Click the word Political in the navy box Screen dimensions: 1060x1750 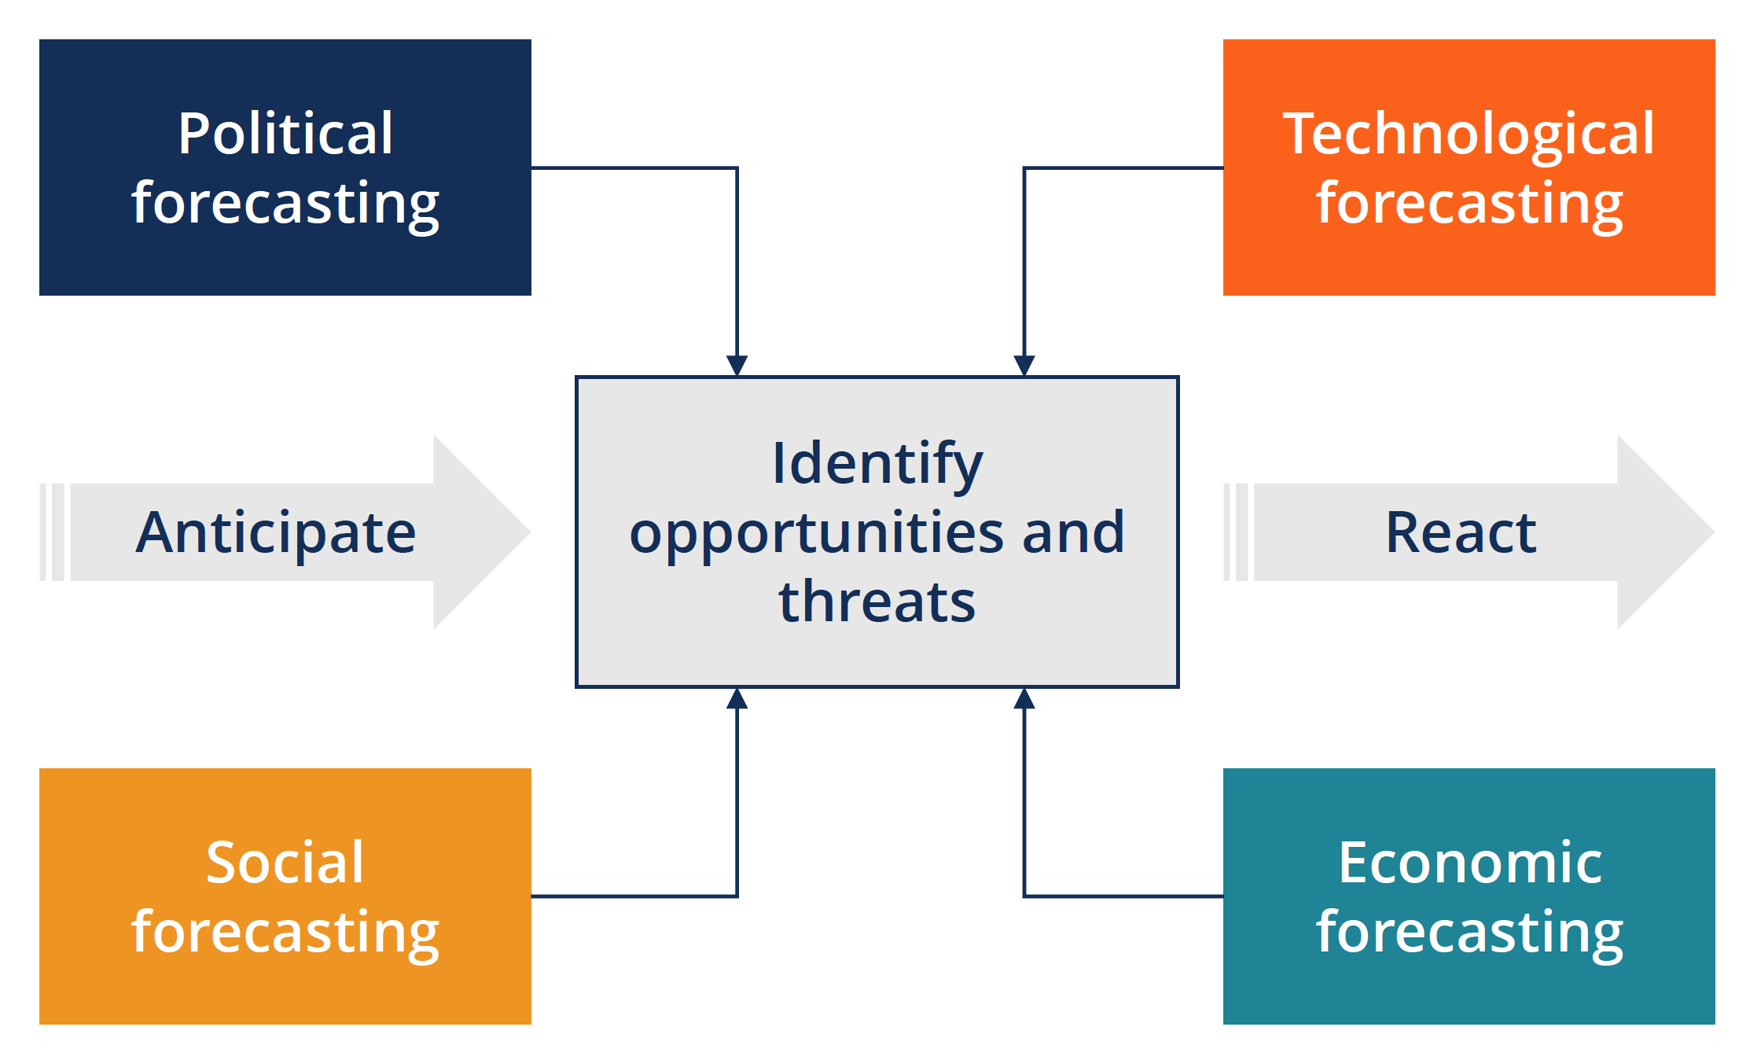click(x=285, y=133)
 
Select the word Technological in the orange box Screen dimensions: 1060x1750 click(x=1469, y=133)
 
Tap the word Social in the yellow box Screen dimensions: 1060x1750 click(x=285, y=862)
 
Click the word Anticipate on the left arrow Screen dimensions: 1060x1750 click(x=276, y=532)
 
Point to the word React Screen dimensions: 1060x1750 click(x=1461, y=532)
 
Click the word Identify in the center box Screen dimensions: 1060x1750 click(x=877, y=463)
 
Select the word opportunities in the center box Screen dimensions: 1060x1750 click(x=817, y=532)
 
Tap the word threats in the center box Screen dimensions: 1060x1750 click(x=877, y=602)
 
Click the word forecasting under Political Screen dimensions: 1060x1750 click(x=285, y=203)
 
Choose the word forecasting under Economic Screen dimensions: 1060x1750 click(x=1469, y=932)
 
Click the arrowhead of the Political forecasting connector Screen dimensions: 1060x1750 click(x=737, y=366)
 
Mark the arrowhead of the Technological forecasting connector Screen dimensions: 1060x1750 click(x=1024, y=366)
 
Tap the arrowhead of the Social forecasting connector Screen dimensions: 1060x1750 click(x=737, y=698)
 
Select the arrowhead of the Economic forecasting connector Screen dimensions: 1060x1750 click(x=1024, y=698)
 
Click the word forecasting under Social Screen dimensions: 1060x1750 click(x=285, y=932)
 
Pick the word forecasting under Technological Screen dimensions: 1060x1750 click(x=1469, y=203)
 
